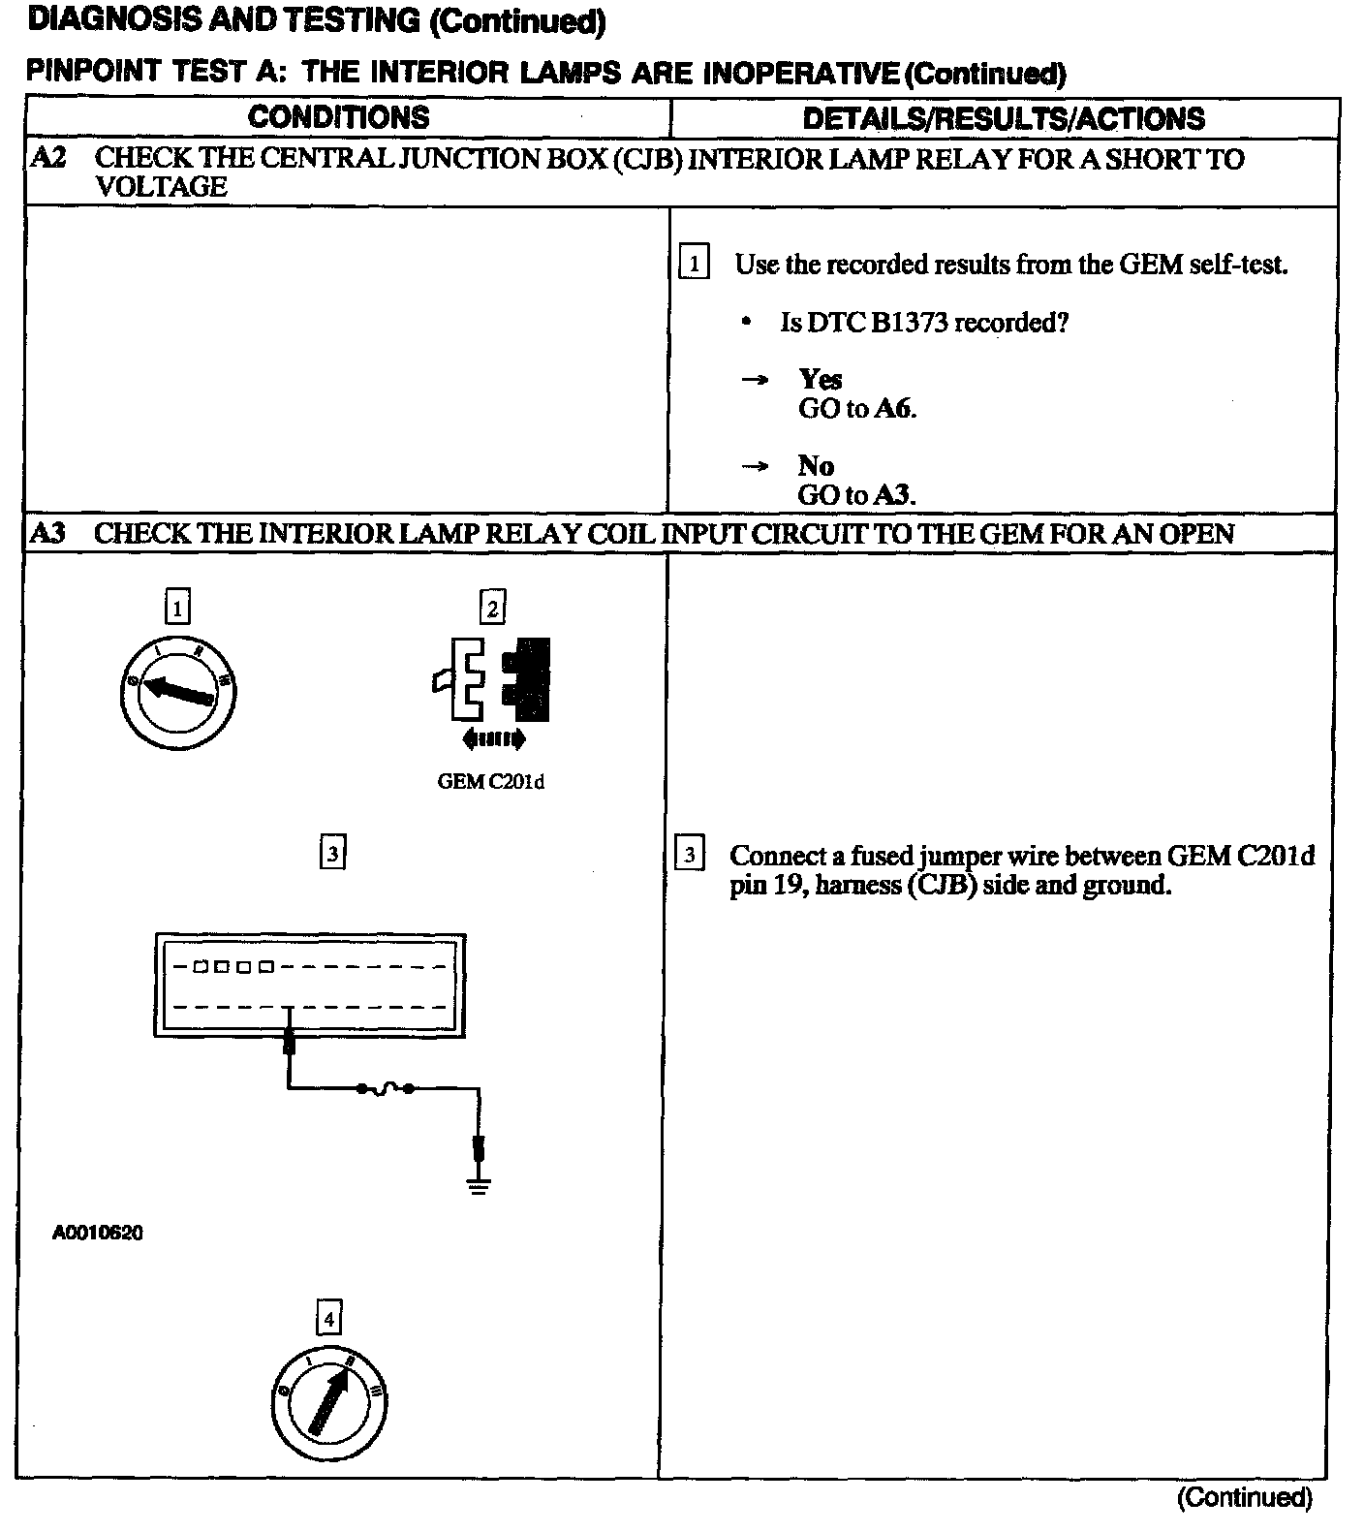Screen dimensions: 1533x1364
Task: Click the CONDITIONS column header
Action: (338, 117)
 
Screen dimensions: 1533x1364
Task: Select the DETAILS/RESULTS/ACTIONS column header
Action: (1004, 118)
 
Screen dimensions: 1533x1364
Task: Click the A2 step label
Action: (48, 158)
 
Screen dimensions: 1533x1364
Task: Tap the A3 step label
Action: (47, 533)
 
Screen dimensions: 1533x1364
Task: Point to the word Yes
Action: (821, 379)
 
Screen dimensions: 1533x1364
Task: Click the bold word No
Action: (816, 465)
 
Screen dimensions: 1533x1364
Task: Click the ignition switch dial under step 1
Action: (178, 692)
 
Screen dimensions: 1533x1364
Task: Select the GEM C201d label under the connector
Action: (491, 782)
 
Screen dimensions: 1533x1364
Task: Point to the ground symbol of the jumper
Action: (478, 1184)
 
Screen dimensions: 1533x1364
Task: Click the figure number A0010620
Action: (98, 1234)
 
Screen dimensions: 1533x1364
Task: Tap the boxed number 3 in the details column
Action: (689, 855)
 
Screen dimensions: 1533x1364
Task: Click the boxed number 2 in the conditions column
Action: (493, 608)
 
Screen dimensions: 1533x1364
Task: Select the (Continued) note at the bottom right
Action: (1244, 1498)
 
